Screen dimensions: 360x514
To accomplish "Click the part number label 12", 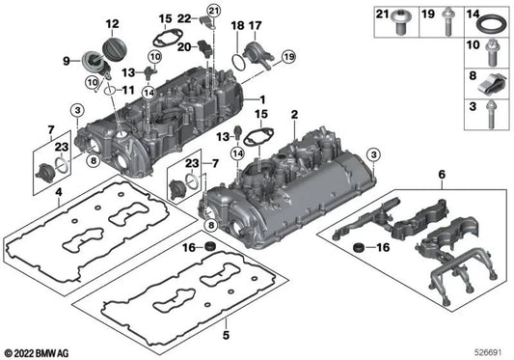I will tap(111, 23).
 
